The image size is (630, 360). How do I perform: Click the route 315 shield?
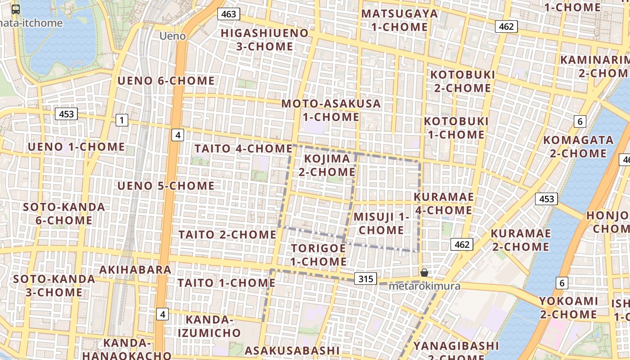pyautogui.click(x=366, y=279)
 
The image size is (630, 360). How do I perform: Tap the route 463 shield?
pyautogui.click(x=229, y=14)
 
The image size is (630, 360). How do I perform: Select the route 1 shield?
pyautogui.click(x=121, y=120)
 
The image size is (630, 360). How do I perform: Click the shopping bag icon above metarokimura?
pyautogui.click(x=424, y=272)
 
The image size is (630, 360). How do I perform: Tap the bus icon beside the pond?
pyautogui.click(x=16, y=9)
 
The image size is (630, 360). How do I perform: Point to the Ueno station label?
pyautogui.click(x=173, y=36)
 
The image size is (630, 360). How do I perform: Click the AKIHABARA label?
pyautogui.click(x=135, y=270)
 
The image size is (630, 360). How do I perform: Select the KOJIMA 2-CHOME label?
pyautogui.click(x=327, y=165)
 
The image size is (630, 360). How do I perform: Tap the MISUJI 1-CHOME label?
pyautogui.click(x=381, y=223)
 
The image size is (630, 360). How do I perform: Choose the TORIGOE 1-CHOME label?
pyautogui.click(x=318, y=255)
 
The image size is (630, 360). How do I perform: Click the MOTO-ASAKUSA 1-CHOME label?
pyautogui.click(x=331, y=110)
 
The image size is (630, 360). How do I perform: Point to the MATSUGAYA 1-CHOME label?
pyautogui.click(x=400, y=20)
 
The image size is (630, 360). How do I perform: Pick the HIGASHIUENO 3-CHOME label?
pyautogui.click(x=265, y=40)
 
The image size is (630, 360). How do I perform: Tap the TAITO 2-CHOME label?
pyautogui.click(x=227, y=234)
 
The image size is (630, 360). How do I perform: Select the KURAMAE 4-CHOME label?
pyautogui.click(x=443, y=203)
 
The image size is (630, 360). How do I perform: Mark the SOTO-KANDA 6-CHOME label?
pyautogui.click(x=64, y=214)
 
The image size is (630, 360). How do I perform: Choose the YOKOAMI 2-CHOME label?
pyautogui.click(x=568, y=307)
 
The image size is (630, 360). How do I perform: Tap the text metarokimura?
pyautogui.click(x=424, y=286)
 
